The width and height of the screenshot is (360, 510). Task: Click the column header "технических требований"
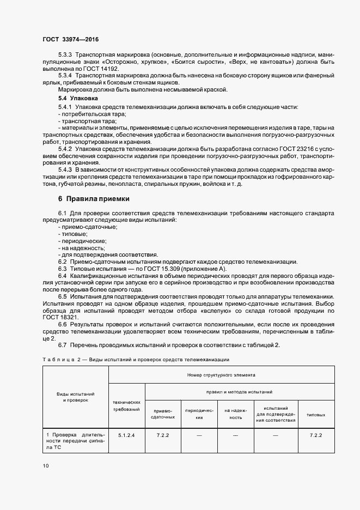pos(126,404)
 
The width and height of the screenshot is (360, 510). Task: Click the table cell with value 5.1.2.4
pos(126,435)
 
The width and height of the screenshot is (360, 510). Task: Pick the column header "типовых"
pos(316,415)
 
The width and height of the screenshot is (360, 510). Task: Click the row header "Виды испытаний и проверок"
pos(76,396)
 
